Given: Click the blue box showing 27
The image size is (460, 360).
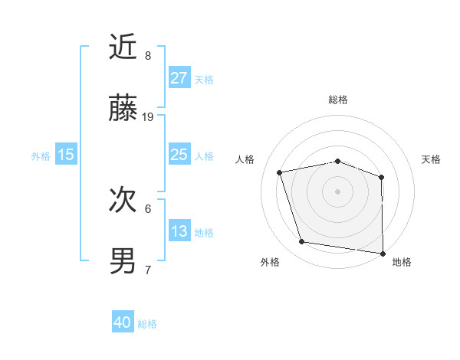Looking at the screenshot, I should click(179, 77).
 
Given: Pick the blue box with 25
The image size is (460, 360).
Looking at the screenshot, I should click(179, 155).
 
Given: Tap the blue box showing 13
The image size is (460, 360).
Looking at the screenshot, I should click(179, 231).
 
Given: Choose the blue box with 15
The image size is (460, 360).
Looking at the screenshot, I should click(66, 155).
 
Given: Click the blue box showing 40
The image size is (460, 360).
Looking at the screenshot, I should click(123, 322).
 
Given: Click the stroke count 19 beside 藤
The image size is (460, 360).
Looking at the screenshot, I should click(149, 117).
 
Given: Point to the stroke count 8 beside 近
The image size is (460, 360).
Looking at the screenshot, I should click(148, 56).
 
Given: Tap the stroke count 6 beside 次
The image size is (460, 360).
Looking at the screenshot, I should click(148, 208).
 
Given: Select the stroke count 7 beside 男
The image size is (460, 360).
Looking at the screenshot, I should click(148, 270).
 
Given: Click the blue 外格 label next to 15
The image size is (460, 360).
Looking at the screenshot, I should click(41, 156).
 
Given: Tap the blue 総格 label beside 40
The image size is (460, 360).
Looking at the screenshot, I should click(147, 324).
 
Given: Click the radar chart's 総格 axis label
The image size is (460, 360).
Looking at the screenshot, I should click(338, 100).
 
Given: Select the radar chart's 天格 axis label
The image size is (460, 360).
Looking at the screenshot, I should click(431, 159).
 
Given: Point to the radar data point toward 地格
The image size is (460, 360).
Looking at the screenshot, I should click(382, 253).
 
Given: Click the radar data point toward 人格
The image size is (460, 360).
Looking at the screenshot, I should click(280, 172).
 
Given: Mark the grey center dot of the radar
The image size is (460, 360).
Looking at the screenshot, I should click(337, 191).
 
